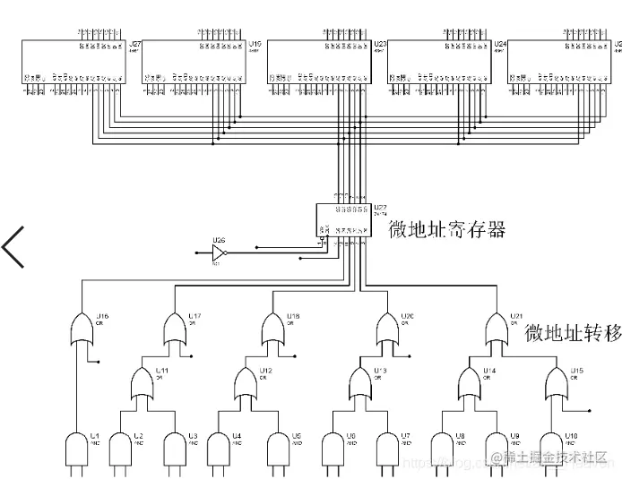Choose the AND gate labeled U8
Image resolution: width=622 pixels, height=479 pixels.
pyautogui.click(x=443, y=448)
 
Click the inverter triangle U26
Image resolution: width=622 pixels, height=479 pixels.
pyautogui.click(x=218, y=254)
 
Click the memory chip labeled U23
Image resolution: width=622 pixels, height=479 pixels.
pyautogui.click(x=319, y=63)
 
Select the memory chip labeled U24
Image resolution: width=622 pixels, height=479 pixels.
pyautogui.click(x=439, y=63)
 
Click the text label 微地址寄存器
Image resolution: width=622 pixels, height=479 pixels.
pyautogui.click(x=446, y=230)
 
